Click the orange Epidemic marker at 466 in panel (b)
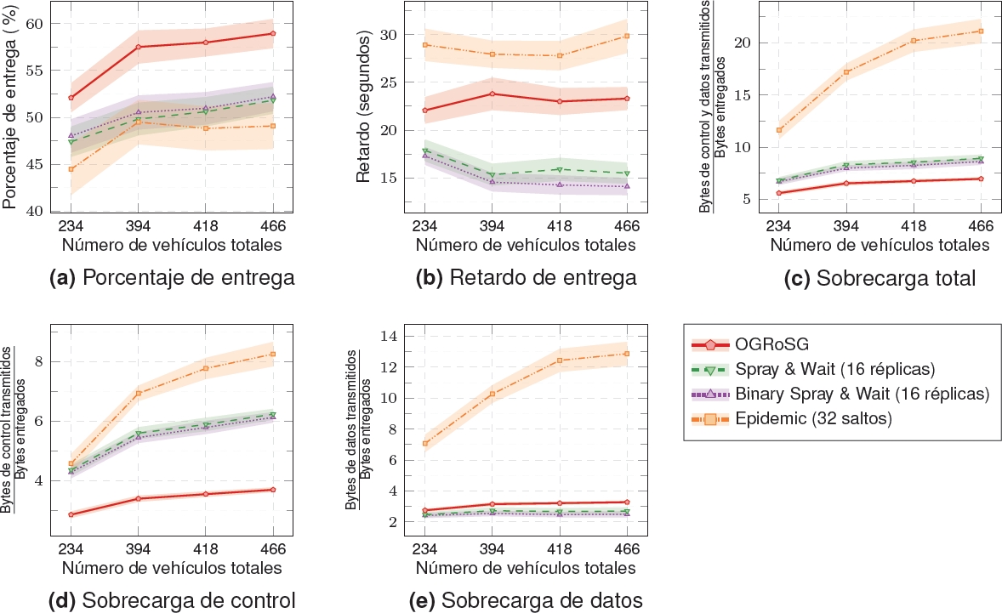[x=627, y=36]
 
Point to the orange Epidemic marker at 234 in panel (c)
[x=778, y=130]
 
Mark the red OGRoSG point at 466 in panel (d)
[x=273, y=490]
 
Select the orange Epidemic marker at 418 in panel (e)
[x=560, y=360]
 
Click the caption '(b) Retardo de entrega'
[x=527, y=277]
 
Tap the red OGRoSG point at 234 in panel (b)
[x=424, y=111]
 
